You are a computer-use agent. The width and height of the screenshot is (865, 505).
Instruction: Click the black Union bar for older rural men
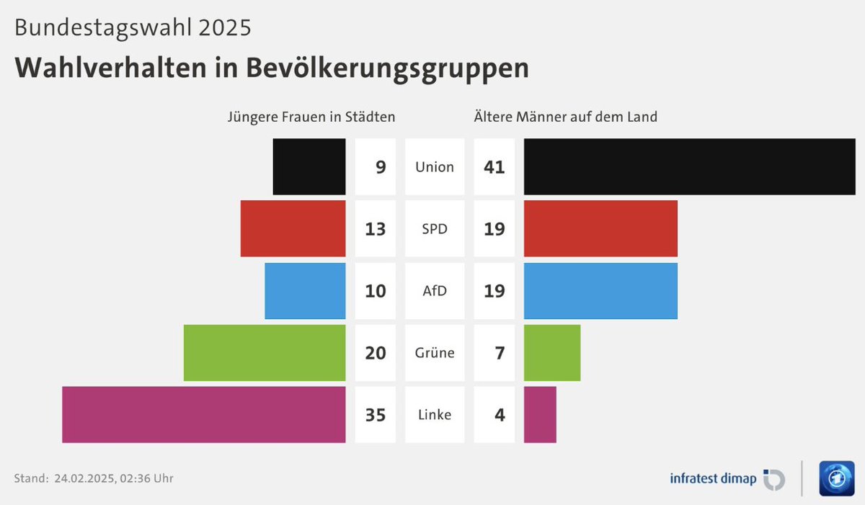689,166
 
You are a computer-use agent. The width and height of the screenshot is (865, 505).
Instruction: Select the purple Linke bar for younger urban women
203,414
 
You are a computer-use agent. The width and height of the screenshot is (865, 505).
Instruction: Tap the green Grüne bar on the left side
265,352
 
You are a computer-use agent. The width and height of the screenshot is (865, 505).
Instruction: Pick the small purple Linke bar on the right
540,414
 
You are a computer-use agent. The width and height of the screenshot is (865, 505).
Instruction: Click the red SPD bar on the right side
600,228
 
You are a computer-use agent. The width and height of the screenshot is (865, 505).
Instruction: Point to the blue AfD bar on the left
305,290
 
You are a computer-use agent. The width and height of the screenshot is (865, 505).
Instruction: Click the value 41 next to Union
494,167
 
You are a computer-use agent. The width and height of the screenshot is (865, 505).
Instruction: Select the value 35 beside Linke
376,415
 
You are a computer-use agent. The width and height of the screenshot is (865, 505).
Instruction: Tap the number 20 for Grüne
376,353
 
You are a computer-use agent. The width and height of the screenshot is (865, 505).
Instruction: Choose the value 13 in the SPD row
376,229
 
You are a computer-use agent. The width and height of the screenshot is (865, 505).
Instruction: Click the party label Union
435,167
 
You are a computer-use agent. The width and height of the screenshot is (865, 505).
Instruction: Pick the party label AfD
435,291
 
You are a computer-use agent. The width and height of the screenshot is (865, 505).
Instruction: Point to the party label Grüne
435,353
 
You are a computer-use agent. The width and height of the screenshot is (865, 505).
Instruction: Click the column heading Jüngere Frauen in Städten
311,116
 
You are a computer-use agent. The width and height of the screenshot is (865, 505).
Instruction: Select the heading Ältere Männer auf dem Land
565,116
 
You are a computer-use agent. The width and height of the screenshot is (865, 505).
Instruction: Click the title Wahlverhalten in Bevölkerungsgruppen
272,67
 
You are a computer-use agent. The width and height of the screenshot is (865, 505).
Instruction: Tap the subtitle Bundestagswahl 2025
133,27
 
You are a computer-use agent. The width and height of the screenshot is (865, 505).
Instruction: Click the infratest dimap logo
727,478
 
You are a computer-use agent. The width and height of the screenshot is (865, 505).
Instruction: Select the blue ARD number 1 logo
836,478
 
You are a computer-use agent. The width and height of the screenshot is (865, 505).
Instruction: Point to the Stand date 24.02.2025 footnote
94,478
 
